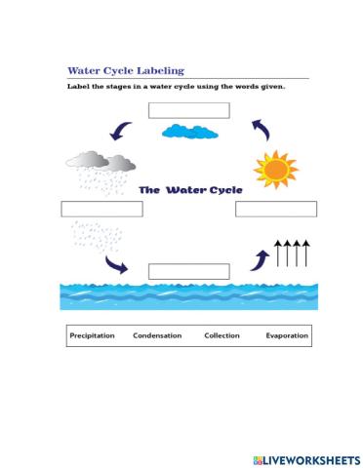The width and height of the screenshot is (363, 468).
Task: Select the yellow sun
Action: [274, 168]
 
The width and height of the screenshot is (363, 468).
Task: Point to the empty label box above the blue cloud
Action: [188, 109]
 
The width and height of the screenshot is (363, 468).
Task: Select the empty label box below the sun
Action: [276, 209]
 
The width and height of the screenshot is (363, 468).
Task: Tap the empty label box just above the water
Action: [188, 271]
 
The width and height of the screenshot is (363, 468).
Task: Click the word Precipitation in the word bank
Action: [93, 335]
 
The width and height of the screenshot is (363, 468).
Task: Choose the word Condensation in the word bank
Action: [157, 335]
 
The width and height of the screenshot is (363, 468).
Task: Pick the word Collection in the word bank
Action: [222, 335]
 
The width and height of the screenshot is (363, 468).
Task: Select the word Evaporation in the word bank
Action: [287, 335]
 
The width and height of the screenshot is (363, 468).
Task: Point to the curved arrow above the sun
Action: [262, 129]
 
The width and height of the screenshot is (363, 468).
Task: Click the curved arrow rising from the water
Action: [261, 258]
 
